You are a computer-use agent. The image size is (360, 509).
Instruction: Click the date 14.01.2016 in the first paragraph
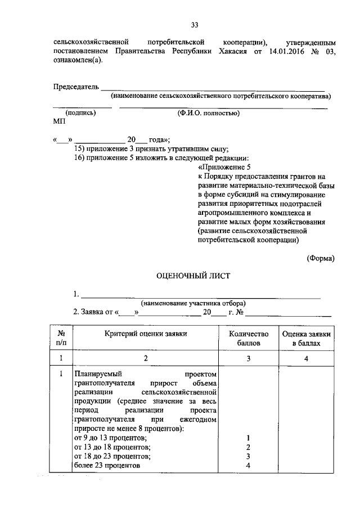click(287, 51)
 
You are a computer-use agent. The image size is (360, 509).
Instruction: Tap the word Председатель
click(76, 87)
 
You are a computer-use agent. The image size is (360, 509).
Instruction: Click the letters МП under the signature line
click(59, 121)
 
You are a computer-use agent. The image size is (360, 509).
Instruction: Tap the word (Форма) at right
click(321, 258)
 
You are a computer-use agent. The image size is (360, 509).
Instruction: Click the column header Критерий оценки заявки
click(146, 334)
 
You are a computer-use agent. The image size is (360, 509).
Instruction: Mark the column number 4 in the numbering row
click(308, 358)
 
